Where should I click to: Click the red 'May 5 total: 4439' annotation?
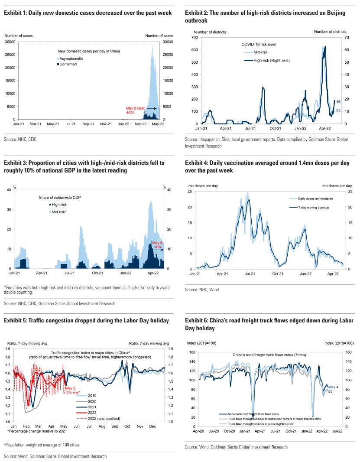click(x=133, y=110)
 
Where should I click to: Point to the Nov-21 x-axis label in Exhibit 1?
click(x=106, y=124)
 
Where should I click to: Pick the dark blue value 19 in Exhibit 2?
click(x=338, y=102)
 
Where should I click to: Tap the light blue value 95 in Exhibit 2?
click(x=338, y=111)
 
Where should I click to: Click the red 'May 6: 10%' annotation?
click(x=157, y=245)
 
